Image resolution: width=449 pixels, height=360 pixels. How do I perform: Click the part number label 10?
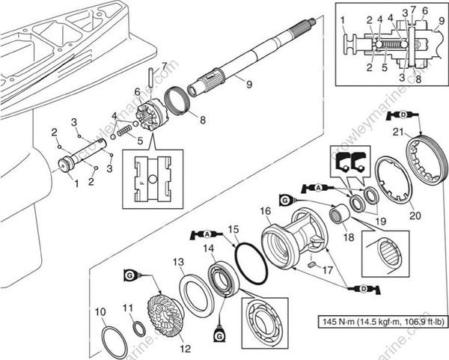coord(100,311)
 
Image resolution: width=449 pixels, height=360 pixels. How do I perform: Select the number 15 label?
coord(233,228)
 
